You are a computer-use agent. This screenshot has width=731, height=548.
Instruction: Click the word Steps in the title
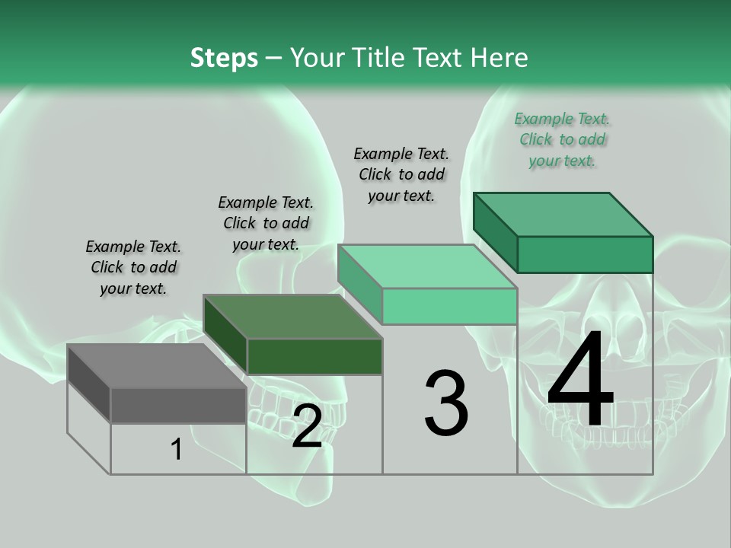224,58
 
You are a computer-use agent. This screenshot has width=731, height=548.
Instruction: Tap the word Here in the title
500,58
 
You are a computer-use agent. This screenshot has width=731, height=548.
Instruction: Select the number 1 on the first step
177,450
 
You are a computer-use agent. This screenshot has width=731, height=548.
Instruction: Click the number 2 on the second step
307,427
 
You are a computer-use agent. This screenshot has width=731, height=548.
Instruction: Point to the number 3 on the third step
446,403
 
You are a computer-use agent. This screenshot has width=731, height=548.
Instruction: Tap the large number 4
581,381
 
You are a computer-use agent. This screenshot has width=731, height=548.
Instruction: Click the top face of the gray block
157,366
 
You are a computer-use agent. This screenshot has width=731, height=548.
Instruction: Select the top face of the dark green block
293,317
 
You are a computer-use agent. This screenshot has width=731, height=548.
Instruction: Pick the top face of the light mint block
427,266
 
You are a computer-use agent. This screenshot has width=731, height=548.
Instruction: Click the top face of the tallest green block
563,215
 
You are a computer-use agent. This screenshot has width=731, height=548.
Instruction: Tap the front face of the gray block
179,405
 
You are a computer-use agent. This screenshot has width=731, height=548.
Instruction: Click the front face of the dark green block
314,356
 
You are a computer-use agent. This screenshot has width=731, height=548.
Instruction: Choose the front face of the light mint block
450,306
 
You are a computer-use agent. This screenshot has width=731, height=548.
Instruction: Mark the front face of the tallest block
585,254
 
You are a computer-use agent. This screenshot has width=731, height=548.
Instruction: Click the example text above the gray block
133,267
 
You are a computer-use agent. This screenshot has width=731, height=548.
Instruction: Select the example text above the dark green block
266,223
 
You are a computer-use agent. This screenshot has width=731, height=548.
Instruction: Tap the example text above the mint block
401,174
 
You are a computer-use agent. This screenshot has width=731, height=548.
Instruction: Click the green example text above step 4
562,139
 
